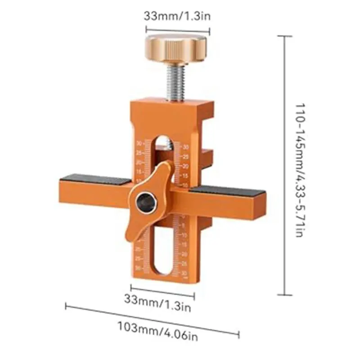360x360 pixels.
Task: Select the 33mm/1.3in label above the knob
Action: [x=177, y=16]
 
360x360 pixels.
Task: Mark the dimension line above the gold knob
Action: [x=177, y=31]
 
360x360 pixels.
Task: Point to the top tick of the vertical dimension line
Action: [x=284, y=36]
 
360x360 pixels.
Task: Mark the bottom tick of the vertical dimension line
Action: [x=284, y=295]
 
